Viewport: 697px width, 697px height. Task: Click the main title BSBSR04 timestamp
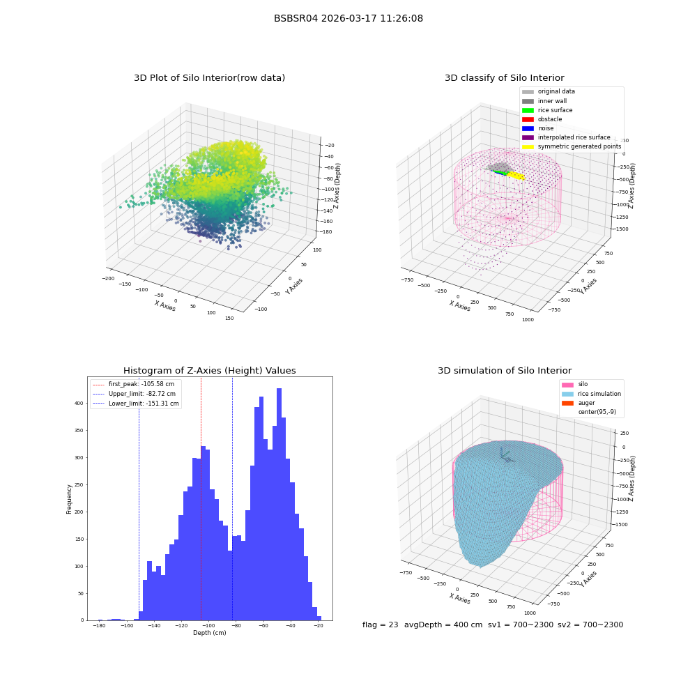348,18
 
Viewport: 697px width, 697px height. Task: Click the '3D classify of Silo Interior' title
505,78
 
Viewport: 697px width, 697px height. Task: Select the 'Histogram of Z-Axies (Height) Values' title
209,370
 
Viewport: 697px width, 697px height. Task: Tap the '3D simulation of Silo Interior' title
505,370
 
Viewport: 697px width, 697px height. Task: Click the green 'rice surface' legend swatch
528,110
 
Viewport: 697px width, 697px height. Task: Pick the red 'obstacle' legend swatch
528,119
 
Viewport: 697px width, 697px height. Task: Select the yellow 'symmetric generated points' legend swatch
528,146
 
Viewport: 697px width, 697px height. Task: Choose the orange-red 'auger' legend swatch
567,403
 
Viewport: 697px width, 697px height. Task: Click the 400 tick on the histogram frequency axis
79,403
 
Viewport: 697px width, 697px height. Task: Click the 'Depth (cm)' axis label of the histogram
209,633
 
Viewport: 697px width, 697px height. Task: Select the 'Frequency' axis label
69,499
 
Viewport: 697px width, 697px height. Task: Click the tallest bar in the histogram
279,504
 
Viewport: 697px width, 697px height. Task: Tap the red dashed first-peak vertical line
201,499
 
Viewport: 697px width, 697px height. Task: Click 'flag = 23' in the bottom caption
380,625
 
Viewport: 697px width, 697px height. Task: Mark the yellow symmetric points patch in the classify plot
516,176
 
